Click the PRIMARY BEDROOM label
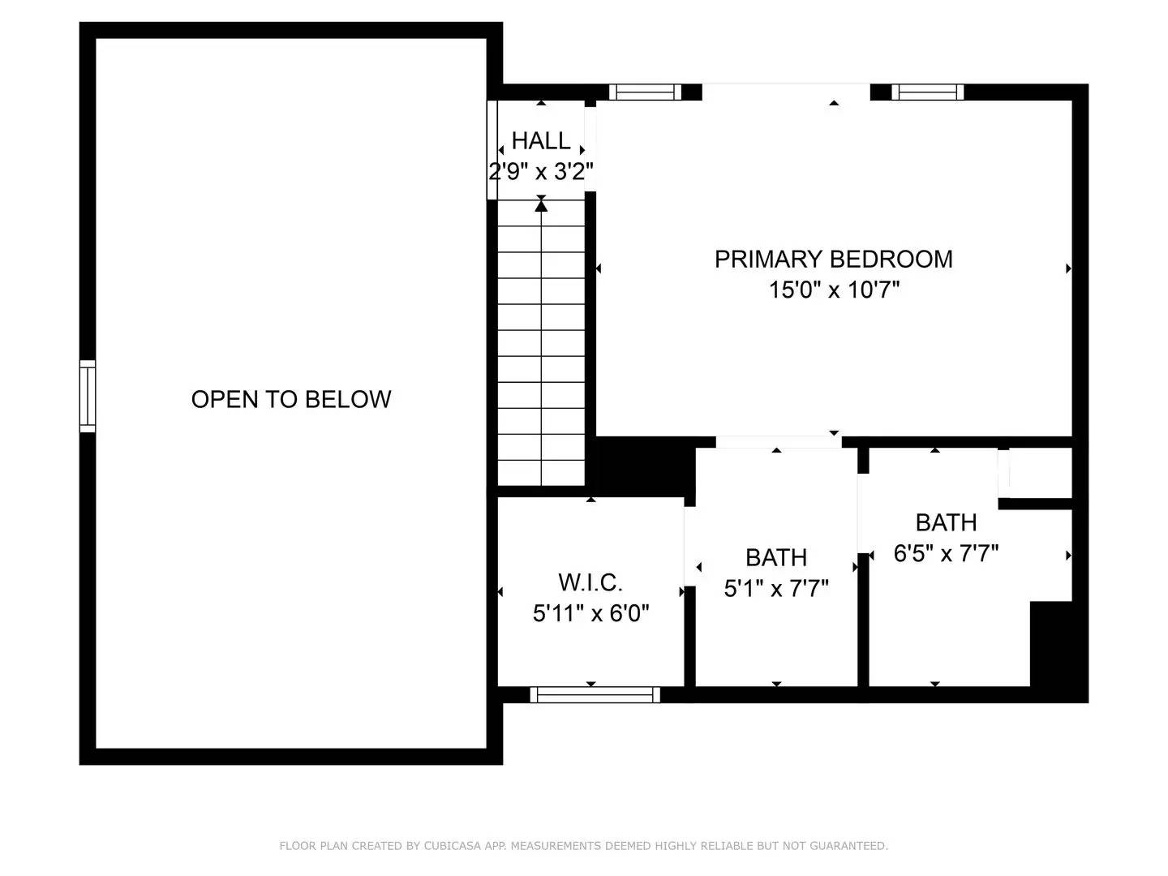(x=833, y=259)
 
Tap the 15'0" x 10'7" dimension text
(x=834, y=290)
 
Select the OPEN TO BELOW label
(x=291, y=399)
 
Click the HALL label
(x=541, y=141)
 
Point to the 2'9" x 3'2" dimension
(x=541, y=172)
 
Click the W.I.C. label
(x=590, y=582)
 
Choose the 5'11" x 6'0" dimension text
(x=590, y=613)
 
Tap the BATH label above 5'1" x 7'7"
(x=776, y=558)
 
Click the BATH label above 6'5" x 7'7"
(x=946, y=522)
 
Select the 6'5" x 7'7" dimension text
(x=946, y=553)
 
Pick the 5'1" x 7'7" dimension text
(x=776, y=588)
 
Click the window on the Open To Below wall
(x=88, y=396)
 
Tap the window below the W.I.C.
(x=595, y=694)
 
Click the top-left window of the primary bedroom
(x=646, y=92)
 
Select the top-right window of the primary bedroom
(x=928, y=92)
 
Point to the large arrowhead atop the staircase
(x=541, y=206)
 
